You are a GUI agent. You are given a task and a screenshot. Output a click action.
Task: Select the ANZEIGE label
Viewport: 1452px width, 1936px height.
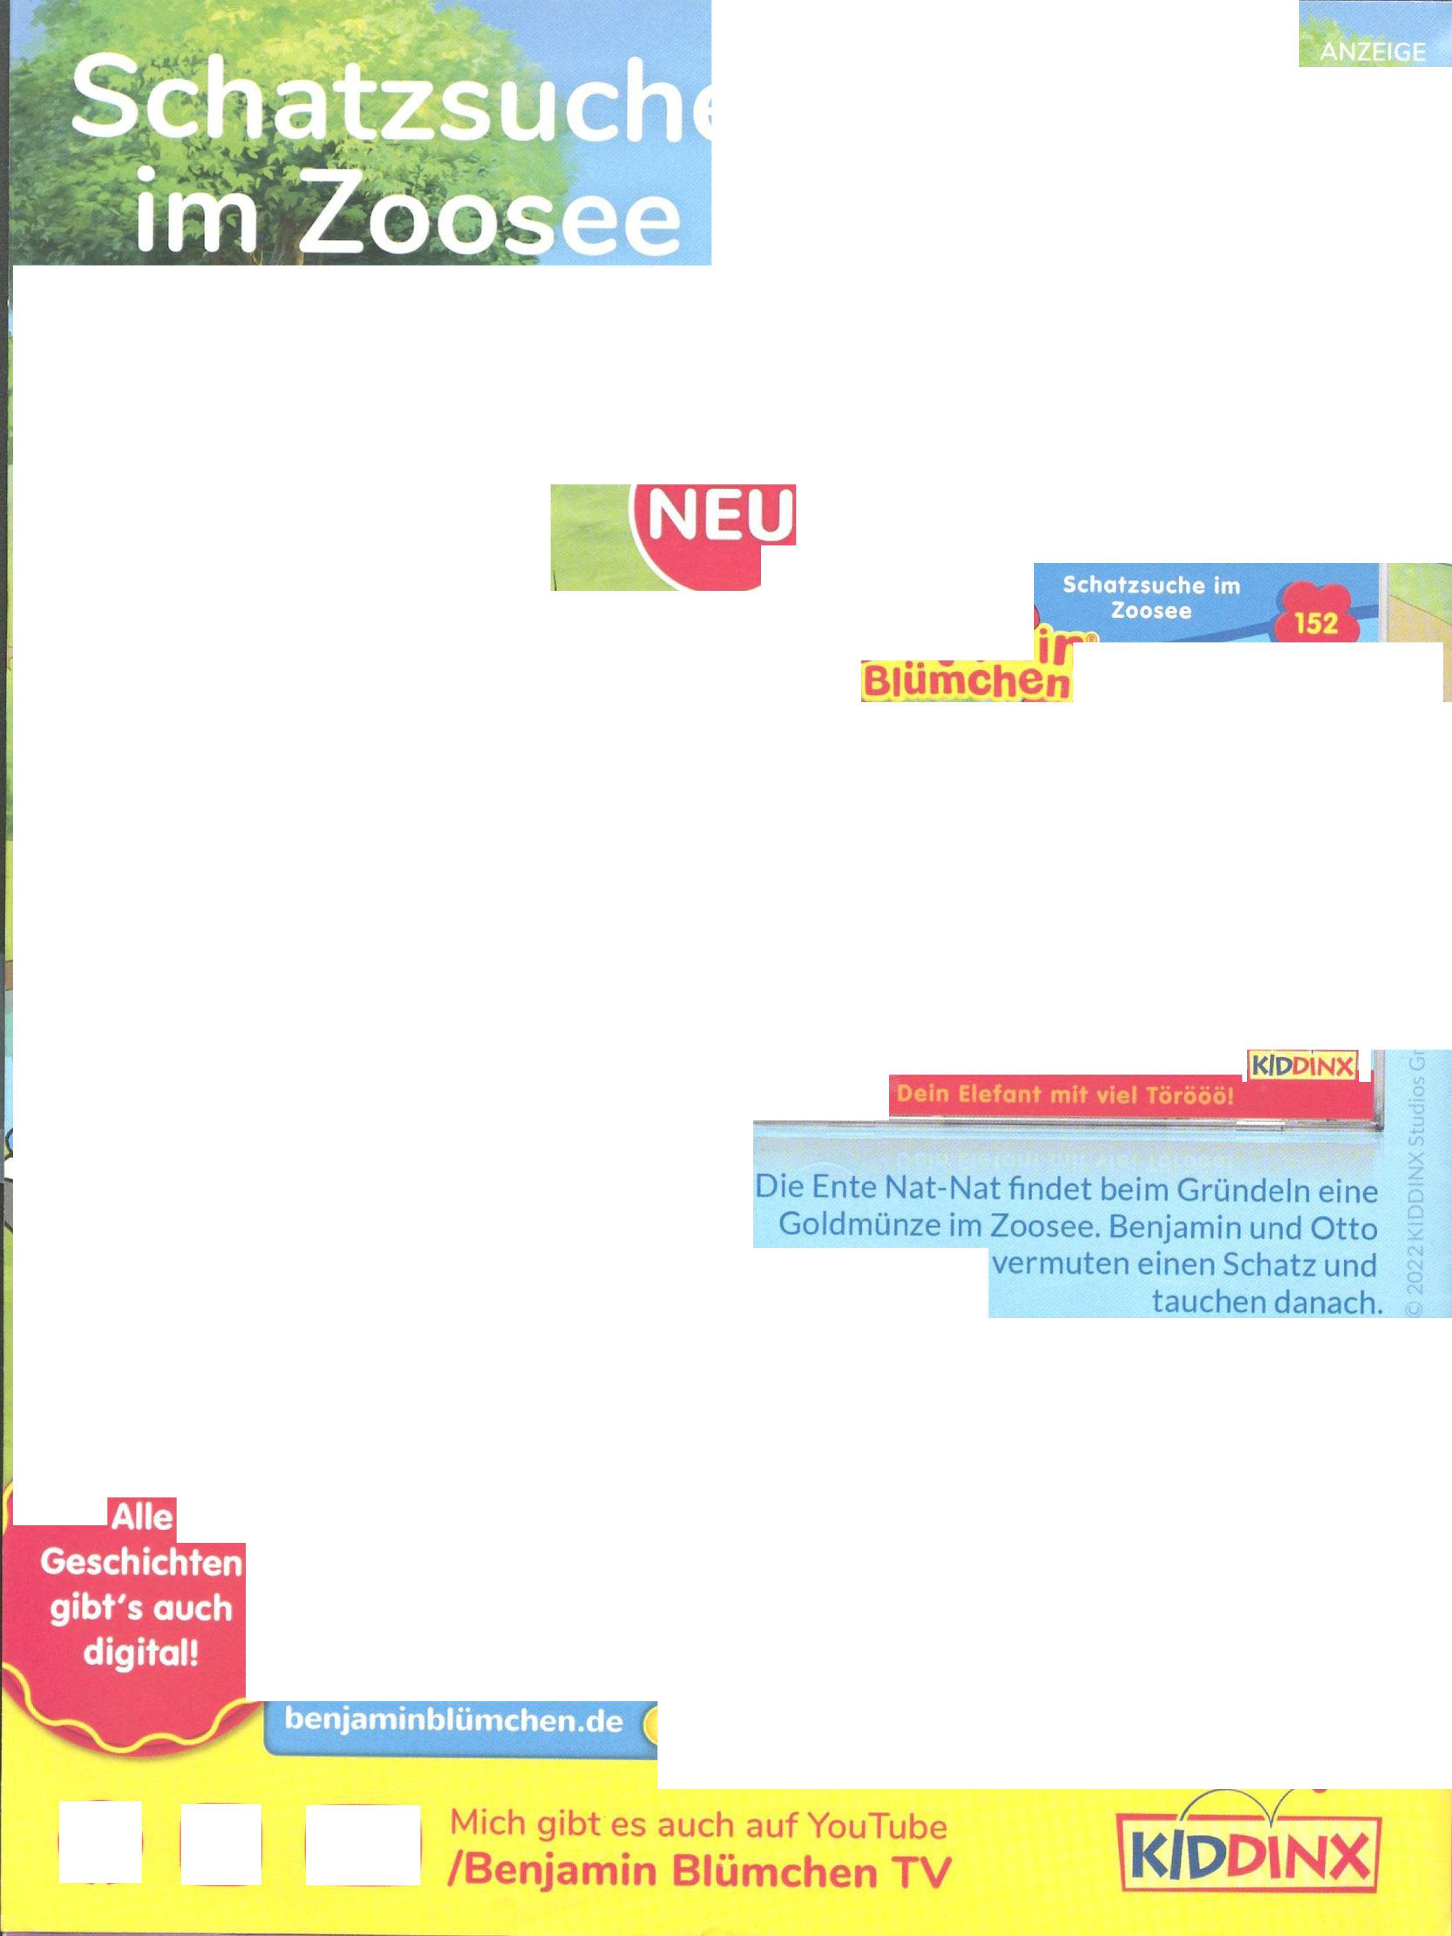pyautogui.click(x=1372, y=52)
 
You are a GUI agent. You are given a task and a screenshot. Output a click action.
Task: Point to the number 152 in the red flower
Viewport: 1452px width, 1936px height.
pyautogui.click(x=1316, y=623)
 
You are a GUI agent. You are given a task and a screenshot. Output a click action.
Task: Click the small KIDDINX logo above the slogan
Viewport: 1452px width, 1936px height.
pyautogui.click(x=1302, y=1066)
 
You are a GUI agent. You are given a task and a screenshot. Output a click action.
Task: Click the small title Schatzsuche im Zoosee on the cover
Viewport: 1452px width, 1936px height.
pyautogui.click(x=1151, y=597)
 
